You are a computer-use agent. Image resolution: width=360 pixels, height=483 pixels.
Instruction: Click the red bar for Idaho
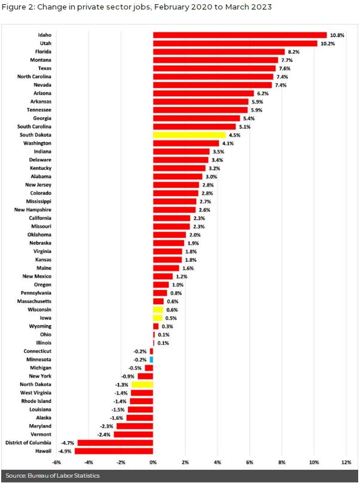click(240, 35)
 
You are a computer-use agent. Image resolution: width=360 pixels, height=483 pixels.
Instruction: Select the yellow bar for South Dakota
click(189, 135)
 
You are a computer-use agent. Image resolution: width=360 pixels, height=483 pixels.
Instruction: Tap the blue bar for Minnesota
click(152, 359)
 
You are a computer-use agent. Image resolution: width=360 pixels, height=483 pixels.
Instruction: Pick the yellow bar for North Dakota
click(142, 384)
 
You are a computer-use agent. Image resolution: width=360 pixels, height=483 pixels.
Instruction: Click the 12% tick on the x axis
click(346, 463)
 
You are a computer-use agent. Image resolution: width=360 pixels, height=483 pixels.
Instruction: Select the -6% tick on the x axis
click(56, 463)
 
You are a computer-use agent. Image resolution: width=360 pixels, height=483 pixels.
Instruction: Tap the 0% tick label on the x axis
click(153, 463)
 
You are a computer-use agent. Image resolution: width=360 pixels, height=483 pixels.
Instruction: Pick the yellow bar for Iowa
click(157, 318)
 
